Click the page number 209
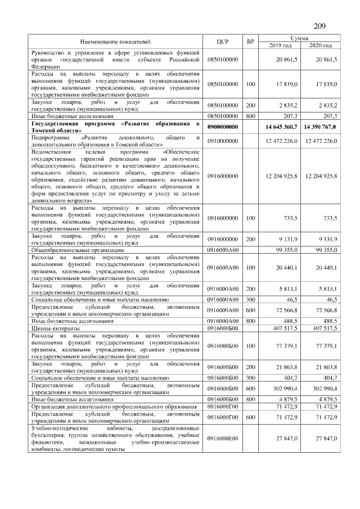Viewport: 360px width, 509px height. click(x=319, y=26)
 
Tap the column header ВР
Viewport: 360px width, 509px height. click(x=250, y=42)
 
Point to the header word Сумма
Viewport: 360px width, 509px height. click(x=300, y=38)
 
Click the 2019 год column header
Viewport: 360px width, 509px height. click(x=280, y=46)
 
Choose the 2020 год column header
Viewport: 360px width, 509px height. click(x=320, y=46)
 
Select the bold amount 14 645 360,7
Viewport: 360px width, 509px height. click(x=279, y=127)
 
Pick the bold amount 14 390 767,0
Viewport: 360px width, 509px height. click(x=319, y=127)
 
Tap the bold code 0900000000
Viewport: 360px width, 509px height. click(x=223, y=127)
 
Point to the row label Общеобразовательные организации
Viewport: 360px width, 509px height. click(x=77, y=250)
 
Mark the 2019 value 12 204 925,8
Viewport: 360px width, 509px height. click(x=280, y=176)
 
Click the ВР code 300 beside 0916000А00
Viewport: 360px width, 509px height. click(x=250, y=301)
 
